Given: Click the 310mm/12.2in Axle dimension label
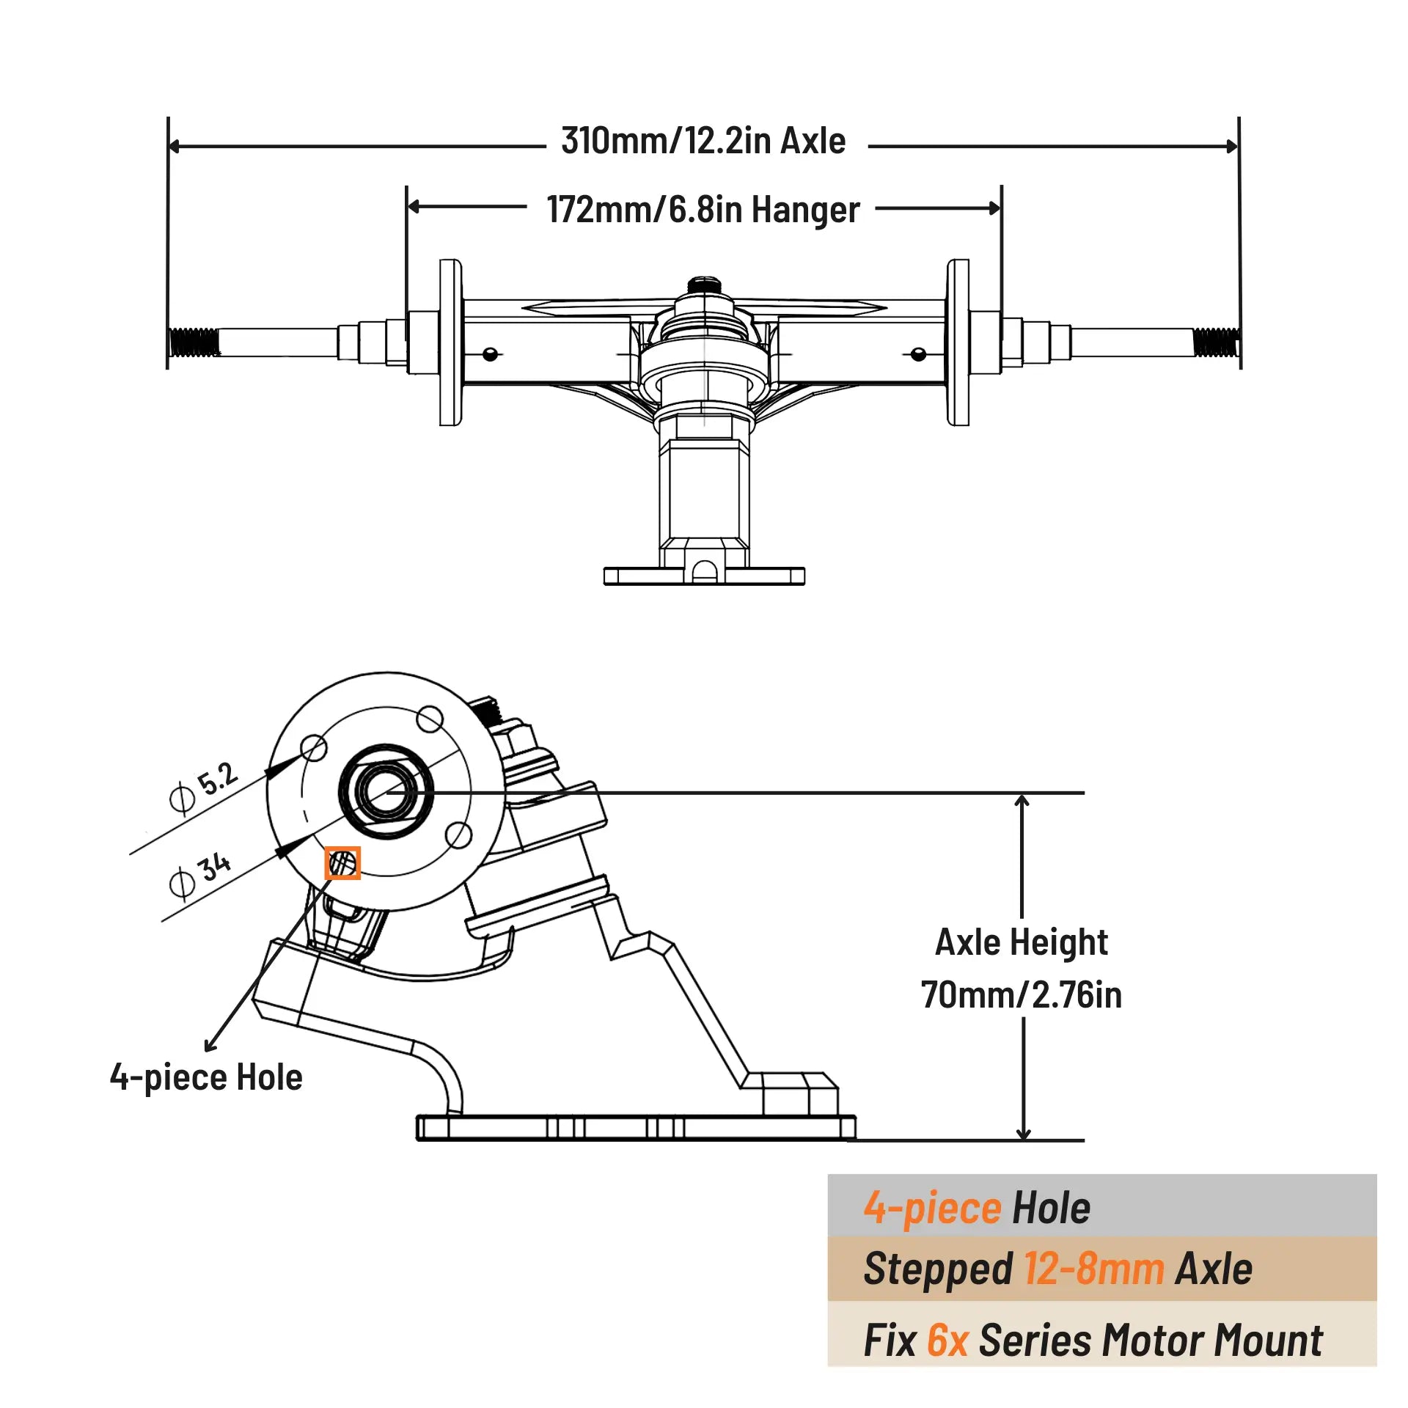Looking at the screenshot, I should coord(703,141).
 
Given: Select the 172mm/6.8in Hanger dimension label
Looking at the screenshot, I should coord(703,210).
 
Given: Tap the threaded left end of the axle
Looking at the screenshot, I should coord(194,342).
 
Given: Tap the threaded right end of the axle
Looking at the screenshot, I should coord(1215,342).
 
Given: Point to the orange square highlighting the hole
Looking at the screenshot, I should coord(342,863).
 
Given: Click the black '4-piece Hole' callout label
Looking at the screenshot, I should coord(206,1077).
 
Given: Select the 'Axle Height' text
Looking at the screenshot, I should coord(1021,943).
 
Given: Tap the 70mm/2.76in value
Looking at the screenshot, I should coord(1021,995).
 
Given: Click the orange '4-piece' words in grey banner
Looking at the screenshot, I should coord(931,1209).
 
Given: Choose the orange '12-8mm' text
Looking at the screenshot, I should coord(1093,1269).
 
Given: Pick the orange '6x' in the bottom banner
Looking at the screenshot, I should coord(947,1341).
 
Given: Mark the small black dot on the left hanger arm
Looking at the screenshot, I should coord(491,355).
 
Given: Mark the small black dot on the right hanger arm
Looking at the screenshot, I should coord(918,355).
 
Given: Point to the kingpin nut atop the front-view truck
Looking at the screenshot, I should coord(704,285).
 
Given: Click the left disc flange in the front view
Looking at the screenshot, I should coord(450,342).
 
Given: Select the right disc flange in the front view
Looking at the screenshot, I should coord(958,342).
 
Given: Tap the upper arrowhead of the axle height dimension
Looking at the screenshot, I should coord(1022,801).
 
